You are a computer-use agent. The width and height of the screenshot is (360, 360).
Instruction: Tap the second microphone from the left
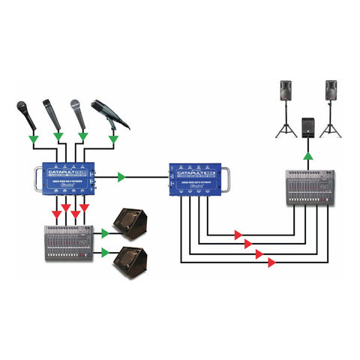51,113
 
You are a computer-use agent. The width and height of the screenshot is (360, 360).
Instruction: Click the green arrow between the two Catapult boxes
121,178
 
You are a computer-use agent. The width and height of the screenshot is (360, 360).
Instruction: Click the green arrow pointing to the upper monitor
104,233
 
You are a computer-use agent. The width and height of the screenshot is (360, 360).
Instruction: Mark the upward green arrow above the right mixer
307,155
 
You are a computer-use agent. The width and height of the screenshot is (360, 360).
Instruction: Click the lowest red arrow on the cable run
271,262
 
